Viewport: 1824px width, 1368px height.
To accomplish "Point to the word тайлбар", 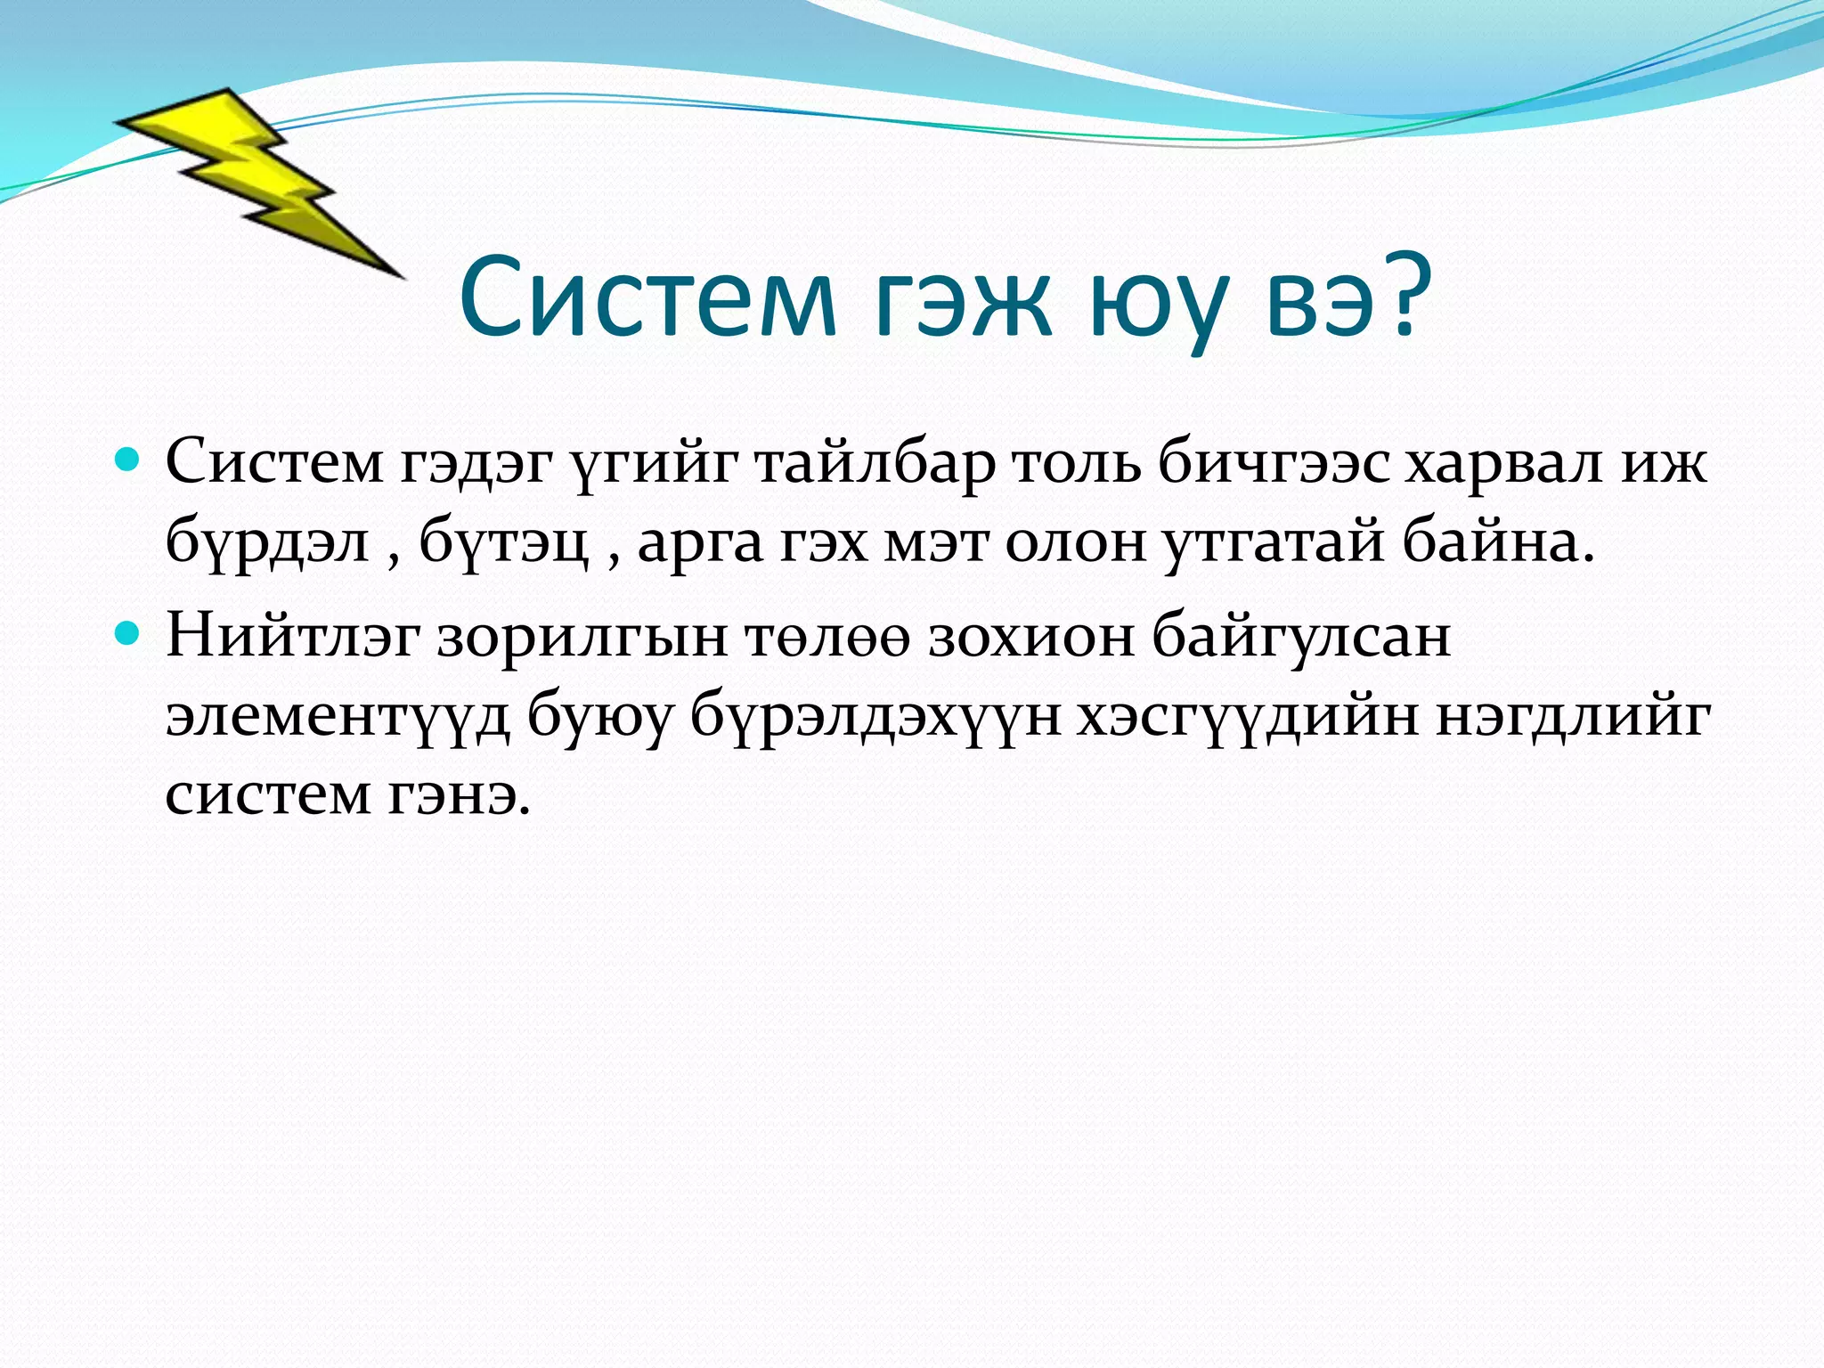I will (x=875, y=464).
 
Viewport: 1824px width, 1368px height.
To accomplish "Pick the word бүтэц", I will (x=504, y=542).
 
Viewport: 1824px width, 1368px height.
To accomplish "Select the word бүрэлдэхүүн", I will (x=876, y=717).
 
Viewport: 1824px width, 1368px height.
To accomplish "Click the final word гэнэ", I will (x=460, y=794).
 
